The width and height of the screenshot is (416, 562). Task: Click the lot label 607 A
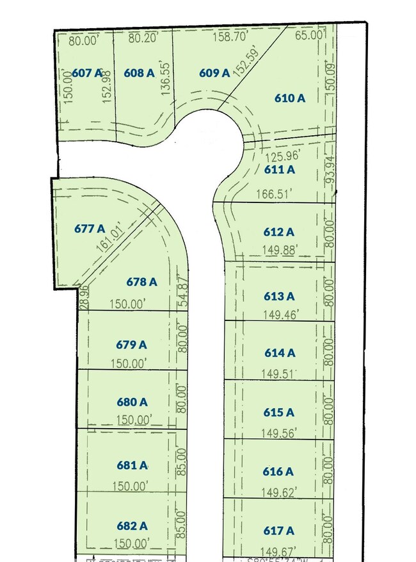87,73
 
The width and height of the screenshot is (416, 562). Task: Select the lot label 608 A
139,73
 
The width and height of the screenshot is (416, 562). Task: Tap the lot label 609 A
214,73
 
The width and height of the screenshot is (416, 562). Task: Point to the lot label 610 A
290,98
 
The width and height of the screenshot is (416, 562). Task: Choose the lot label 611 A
279,170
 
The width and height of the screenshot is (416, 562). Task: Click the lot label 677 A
90,228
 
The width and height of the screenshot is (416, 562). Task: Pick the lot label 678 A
141,281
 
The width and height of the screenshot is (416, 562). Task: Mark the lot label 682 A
132,526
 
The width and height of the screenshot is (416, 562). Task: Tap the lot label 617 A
279,531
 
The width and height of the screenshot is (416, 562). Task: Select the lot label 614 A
280,352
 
